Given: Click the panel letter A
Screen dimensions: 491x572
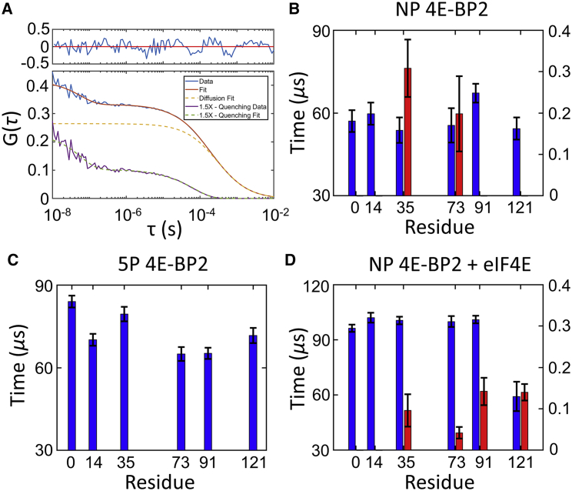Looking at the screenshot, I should (8, 8).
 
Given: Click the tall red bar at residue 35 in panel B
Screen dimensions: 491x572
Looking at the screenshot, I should (407, 132).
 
